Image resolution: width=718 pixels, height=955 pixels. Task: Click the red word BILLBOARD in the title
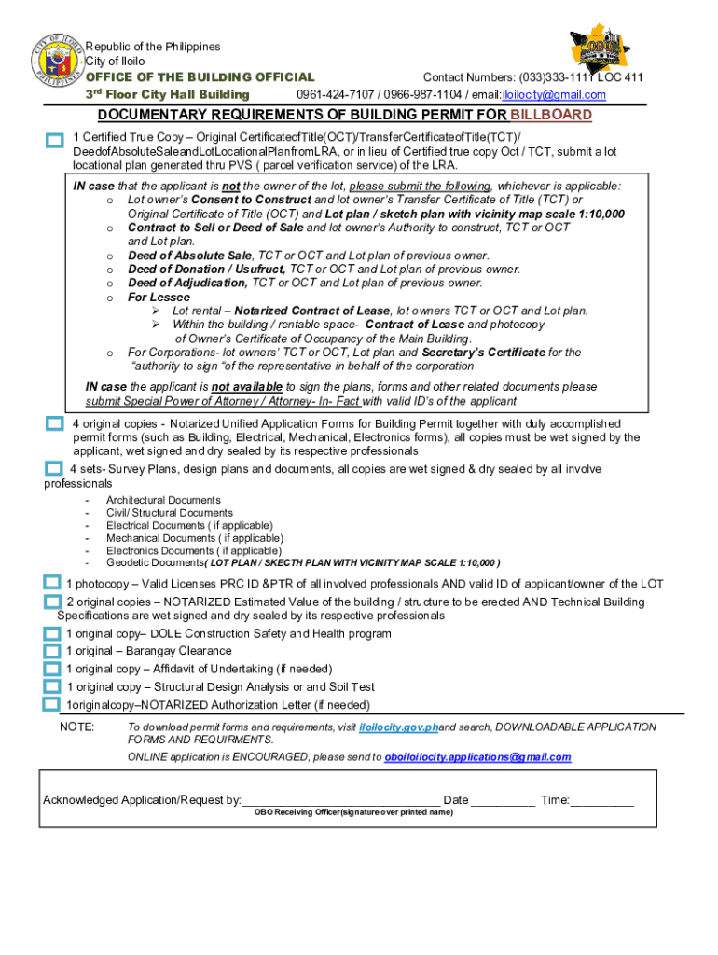pyautogui.click(x=550, y=115)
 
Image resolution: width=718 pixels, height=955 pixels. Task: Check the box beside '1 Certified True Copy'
pyautogui.click(x=54, y=140)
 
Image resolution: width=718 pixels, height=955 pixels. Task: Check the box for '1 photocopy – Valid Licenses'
pyautogui.click(x=52, y=583)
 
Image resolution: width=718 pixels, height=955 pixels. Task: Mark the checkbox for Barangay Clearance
pyautogui.click(x=52, y=651)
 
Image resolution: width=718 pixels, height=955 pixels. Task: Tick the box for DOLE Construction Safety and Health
pyautogui.click(x=52, y=634)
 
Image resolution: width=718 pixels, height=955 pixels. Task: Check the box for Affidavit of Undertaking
pyautogui.click(x=52, y=669)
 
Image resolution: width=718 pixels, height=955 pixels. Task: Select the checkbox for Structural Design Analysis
pyautogui.click(x=52, y=686)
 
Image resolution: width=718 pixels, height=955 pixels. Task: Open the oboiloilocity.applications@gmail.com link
pyautogui.click(x=477, y=757)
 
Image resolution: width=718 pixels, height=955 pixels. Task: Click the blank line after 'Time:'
pyautogui.click(x=601, y=800)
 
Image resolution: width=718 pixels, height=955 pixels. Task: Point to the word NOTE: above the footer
pyautogui.click(x=76, y=727)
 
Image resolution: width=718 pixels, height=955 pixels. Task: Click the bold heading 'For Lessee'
pyautogui.click(x=159, y=298)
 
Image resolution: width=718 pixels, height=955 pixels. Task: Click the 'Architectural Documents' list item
pyautogui.click(x=163, y=501)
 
